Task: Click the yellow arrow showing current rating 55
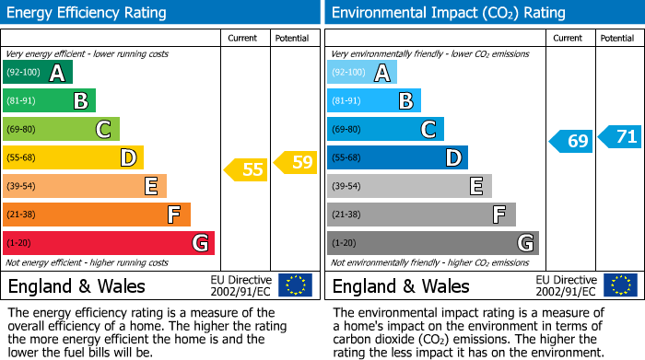[244, 168]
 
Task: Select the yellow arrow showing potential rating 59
[295, 163]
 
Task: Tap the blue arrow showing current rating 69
[570, 141]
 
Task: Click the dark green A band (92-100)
[38, 73]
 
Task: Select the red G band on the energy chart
[109, 243]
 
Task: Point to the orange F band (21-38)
[97, 215]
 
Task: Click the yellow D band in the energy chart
[73, 157]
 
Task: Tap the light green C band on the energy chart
[61, 129]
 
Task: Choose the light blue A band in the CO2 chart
[362, 73]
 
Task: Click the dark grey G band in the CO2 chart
[433, 243]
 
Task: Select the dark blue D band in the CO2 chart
[397, 157]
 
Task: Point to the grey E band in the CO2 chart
[409, 186]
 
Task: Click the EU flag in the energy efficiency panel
[296, 285]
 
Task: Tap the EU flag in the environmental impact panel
[620, 285]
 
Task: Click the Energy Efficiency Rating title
[88, 13]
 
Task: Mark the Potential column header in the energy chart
[292, 38]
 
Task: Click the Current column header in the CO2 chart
[569, 38]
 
